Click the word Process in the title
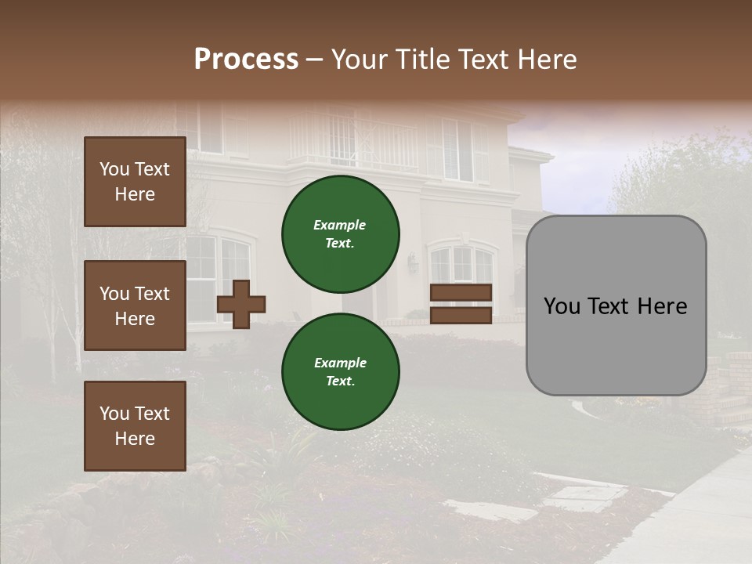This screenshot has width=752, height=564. click(246, 60)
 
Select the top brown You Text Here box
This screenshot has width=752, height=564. click(135, 182)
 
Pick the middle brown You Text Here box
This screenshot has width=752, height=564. click(135, 305)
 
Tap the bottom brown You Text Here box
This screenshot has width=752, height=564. click(135, 425)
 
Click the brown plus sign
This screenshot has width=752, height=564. click(241, 304)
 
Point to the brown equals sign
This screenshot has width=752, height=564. click(461, 304)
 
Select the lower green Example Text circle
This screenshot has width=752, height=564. click(341, 371)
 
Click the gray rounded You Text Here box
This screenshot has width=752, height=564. click(616, 305)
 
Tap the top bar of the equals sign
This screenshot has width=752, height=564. click(461, 292)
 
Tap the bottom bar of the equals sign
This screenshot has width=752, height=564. click(461, 316)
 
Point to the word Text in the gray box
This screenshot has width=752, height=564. click(615, 306)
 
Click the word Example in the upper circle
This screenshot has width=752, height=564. click(339, 225)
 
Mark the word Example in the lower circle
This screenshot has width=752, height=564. click(339, 363)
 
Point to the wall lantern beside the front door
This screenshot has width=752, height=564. click(413, 262)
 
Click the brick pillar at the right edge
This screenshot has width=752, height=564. click(736, 384)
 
